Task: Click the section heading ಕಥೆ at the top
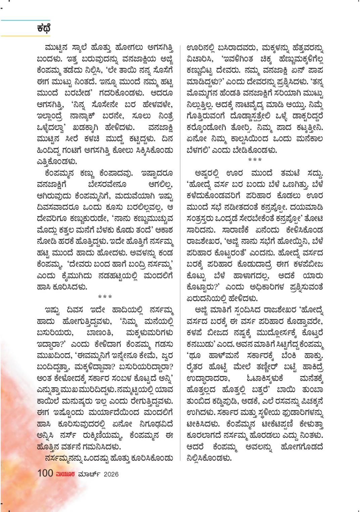(x=44, y=28)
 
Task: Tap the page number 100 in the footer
(x=45, y=473)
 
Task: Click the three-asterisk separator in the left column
(x=105, y=297)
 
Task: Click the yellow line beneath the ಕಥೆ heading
(x=25, y=35)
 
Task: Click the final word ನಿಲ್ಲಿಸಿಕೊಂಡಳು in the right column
(x=209, y=458)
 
